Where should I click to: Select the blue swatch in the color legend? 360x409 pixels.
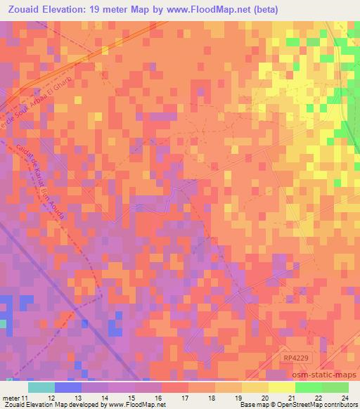click(x=67, y=387)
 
